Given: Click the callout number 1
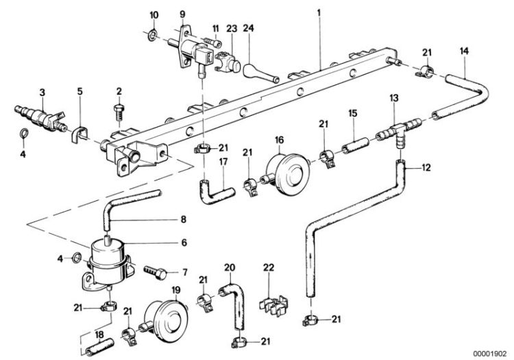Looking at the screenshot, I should click(319, 12).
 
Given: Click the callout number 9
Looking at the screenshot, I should click(183, 13).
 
